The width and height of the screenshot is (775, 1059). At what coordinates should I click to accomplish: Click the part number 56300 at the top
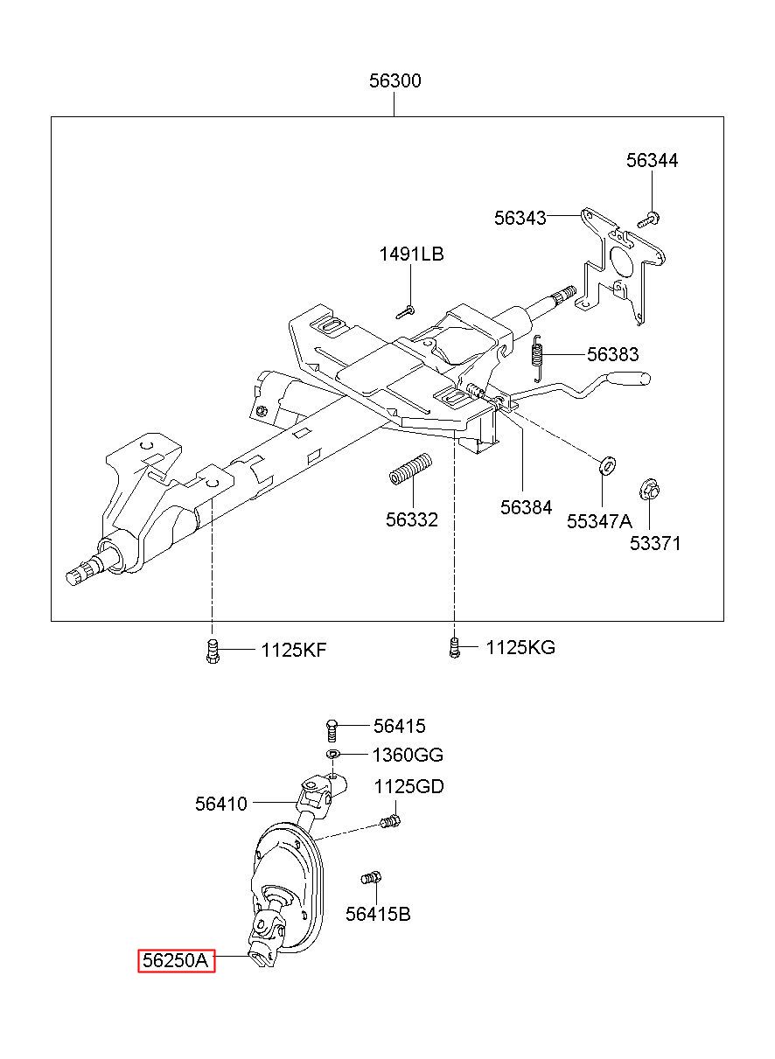(x=394, y=80)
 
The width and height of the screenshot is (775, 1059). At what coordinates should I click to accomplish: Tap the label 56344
(x=652, y=161)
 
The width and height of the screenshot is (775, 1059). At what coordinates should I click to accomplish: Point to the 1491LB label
(x=411, y=254)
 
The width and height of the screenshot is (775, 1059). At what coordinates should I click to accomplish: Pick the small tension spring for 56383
(x=537, y=358)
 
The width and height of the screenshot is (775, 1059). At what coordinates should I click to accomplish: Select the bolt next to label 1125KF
(x=213, y=651)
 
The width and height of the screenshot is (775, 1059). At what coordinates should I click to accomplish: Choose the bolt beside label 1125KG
(x=454, y=647)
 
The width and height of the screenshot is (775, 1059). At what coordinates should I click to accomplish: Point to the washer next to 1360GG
(x=333, y=754)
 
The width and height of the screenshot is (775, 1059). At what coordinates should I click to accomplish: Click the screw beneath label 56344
(x=648, y=219)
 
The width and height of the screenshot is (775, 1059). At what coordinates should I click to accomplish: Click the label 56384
(x=527, y=508)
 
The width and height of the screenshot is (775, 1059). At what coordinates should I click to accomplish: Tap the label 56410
(x=221, y=804)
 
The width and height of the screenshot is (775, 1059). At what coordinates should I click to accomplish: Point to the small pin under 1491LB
(x=405, y=311)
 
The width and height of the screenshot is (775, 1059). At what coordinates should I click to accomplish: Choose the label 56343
(x=520, y=218)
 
